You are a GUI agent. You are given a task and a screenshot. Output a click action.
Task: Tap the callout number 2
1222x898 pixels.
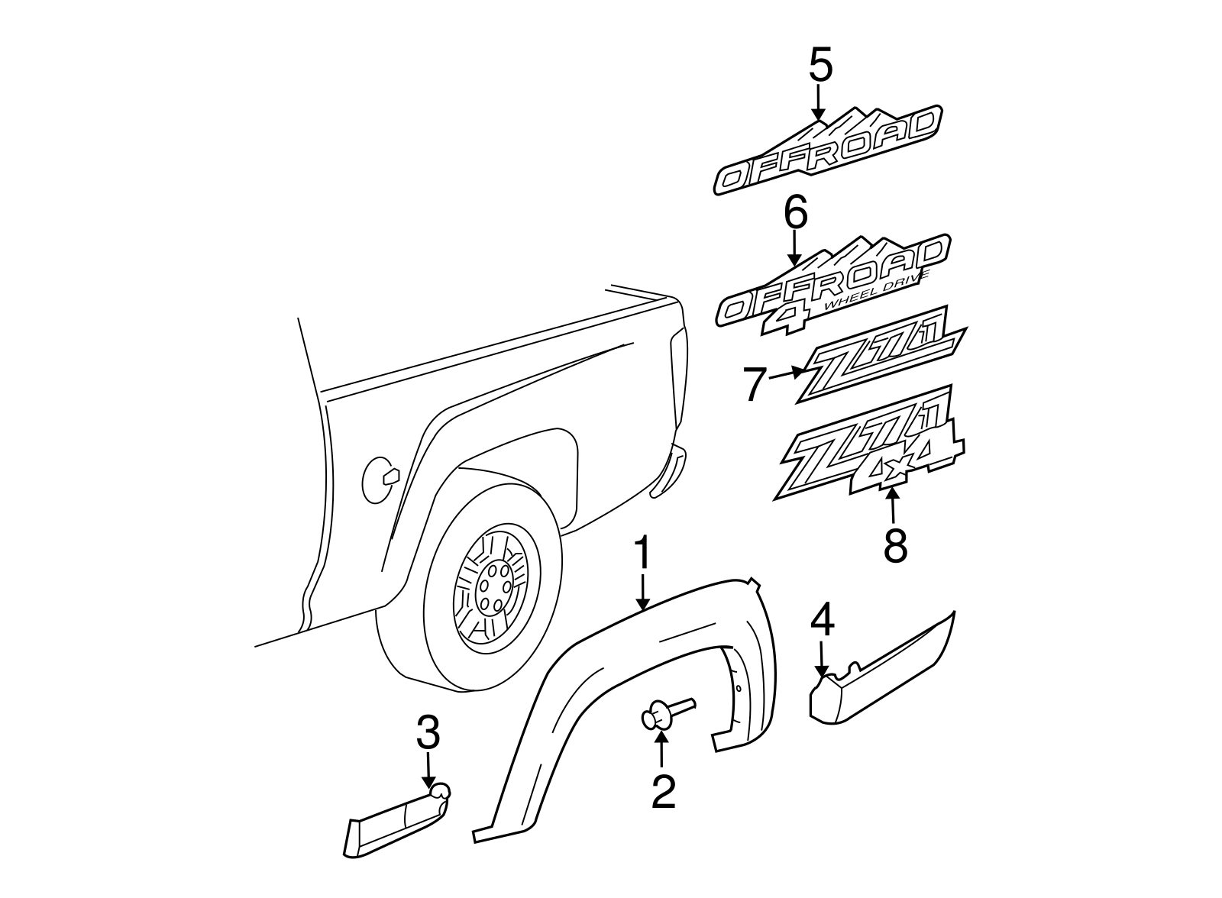point(663,791)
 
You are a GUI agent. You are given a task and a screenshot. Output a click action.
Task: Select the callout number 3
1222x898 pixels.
point(428,734)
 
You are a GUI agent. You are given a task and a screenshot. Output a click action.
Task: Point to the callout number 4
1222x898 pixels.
point(822,621)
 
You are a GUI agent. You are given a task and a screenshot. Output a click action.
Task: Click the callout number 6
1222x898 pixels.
point(795,214)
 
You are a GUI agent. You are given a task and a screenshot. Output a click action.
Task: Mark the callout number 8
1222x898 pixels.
point(895,545)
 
